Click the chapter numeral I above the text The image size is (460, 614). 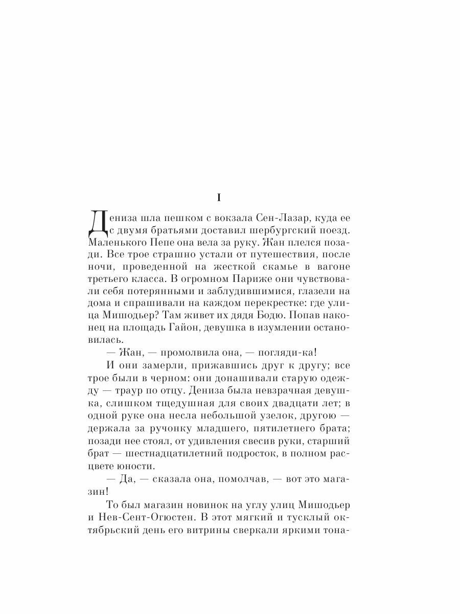pyautogui.click(x=218, y=197)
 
